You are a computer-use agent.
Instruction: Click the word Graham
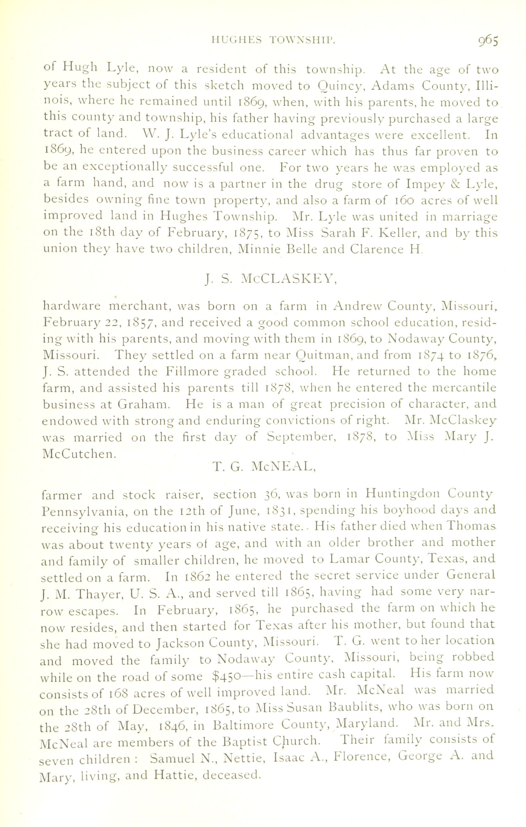(x=144, y=404)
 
